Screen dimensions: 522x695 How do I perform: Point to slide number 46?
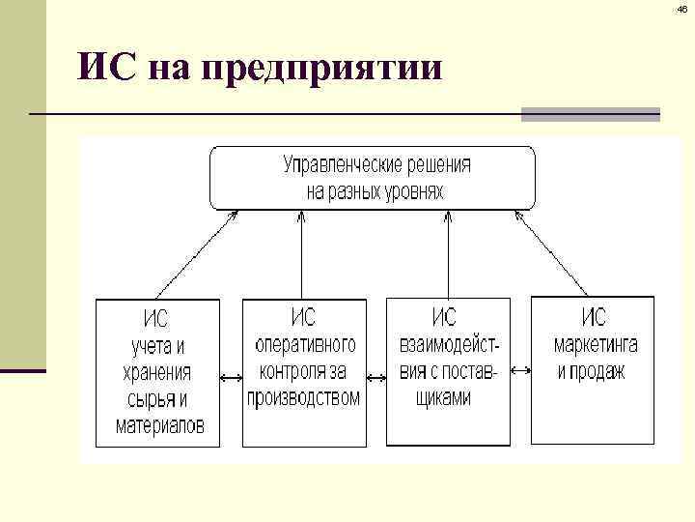682,9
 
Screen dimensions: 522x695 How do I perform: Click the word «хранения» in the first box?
157,372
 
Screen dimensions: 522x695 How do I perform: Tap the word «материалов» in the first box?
160,425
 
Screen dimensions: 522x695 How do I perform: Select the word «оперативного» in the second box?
305,344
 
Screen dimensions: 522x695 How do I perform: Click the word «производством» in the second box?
303,397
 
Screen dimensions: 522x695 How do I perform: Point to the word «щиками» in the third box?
448,397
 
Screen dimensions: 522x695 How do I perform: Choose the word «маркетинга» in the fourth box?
595,344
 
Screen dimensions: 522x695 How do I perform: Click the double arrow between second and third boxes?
376,372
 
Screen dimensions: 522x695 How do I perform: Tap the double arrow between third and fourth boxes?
519,371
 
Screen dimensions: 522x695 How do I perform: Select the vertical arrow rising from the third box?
448,255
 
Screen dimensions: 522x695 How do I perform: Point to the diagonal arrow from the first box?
198,253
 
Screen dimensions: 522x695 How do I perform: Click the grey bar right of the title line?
590,114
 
